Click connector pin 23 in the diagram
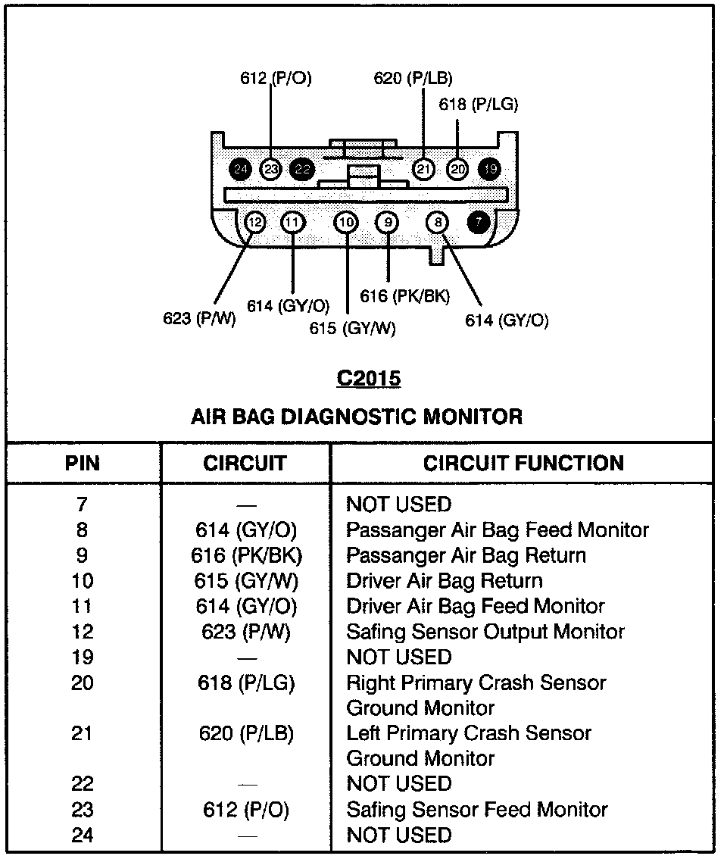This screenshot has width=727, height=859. click(270, 169)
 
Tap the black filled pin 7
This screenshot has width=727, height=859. click(478, 222)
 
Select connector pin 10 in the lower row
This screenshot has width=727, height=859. click(346, 222)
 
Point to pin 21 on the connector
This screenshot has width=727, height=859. click(424, 169)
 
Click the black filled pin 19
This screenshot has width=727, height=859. click(491, 169)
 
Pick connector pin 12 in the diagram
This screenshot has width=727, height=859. click(255, 222)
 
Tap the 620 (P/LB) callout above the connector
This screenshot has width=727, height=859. click(413, 78)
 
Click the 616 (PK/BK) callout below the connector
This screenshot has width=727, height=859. click(404, 295)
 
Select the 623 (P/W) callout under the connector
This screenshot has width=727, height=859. click(200, 318)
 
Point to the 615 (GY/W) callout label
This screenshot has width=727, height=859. click(352, 328)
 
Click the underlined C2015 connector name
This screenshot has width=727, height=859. click(369, 378)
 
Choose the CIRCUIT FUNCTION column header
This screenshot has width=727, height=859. click(523, 464)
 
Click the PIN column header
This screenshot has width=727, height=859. click(83, 464)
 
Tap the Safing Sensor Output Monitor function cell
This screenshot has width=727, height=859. click(485, 632)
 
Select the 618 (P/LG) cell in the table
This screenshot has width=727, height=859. click(245, 683)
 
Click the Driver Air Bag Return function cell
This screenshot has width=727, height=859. click(445, 581)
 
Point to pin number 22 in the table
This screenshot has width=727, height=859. click(82, 784)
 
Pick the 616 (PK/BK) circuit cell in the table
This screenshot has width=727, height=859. click(246, 555)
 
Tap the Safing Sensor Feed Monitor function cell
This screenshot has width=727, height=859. click(477, 810)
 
